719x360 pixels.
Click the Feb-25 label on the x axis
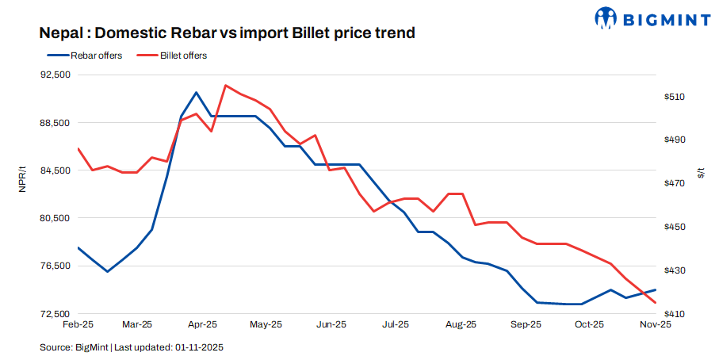[78, 325]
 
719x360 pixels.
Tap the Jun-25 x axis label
[331, 325]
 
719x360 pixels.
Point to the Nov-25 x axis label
[656, 325]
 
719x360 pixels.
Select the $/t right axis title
[701, 174]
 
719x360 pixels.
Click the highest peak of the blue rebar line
[196, 93]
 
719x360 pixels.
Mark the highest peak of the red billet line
[226, 85]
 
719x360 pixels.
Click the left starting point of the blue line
[78, 247]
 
